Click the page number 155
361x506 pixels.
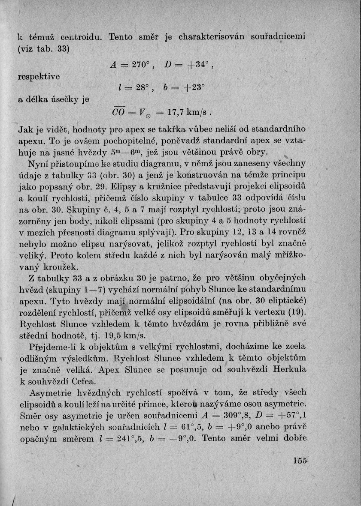point(299,461)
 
